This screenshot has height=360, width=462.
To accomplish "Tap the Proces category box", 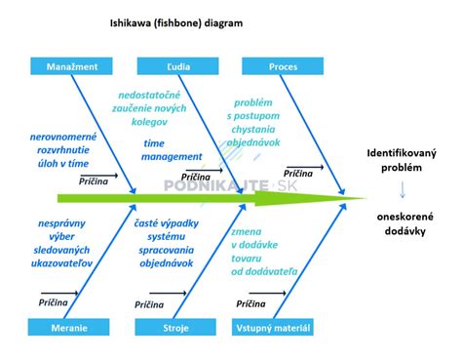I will [x=283, y=66].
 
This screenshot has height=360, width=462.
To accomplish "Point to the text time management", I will [x=173, y=149].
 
